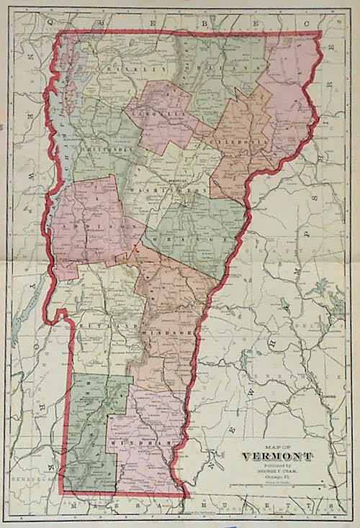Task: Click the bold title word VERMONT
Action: [277, 457]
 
